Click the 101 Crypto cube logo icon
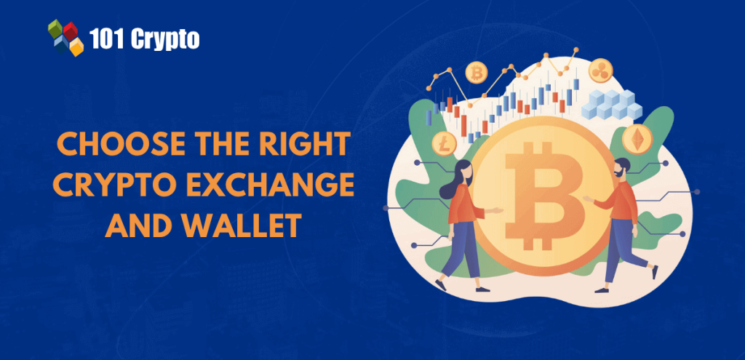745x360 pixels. click(65, 37)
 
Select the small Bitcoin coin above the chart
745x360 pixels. click(477, 73)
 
